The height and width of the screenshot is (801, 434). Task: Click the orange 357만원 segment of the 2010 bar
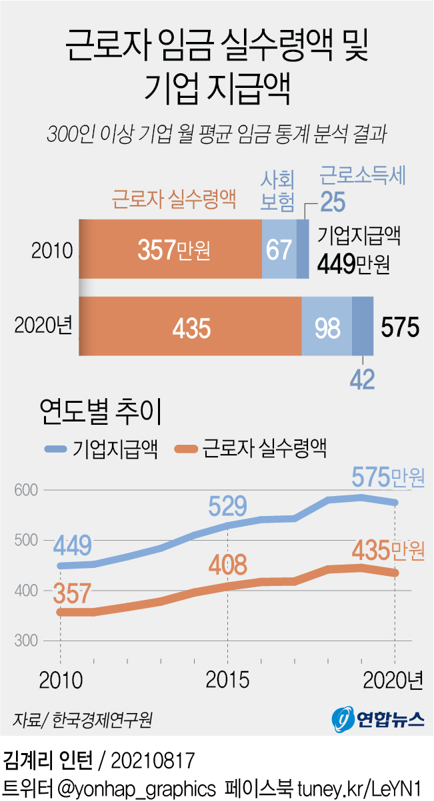coord(171,249)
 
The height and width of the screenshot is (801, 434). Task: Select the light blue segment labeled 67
coord(279,249)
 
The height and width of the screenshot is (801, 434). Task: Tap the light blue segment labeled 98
coord(327,327)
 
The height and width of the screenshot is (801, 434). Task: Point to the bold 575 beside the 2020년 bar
coord(400,327)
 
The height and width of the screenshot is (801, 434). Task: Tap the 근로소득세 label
coord(363,176)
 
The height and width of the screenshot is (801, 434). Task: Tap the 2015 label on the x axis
coord(228,680)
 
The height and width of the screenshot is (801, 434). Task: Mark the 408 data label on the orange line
coord(227,565)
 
